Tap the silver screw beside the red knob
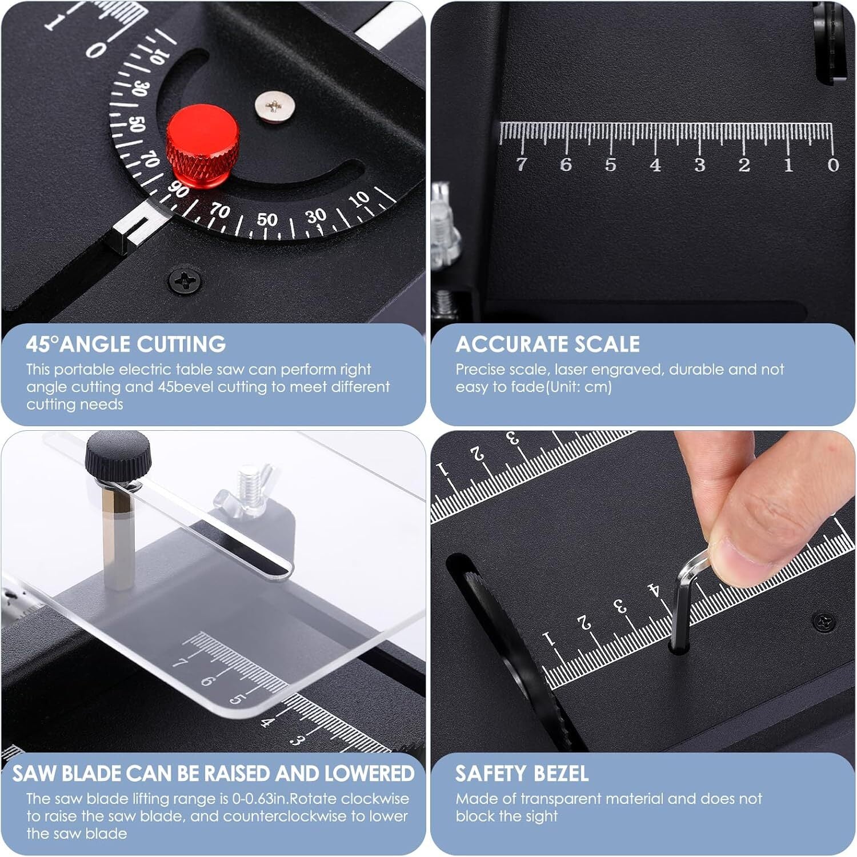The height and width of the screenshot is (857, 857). tap(275, 107)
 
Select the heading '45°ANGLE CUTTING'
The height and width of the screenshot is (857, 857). tap(126, 344)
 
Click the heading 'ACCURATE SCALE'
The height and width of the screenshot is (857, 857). tap(547, 344)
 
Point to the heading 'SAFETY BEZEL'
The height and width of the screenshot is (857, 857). tap(522, 774)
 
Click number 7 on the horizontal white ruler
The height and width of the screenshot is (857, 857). tap(521, 165)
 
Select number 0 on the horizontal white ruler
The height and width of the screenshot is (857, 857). tap(833, 165)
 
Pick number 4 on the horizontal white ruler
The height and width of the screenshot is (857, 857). tap(655, 165)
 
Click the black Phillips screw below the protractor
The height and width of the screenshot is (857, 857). tap(185, 280)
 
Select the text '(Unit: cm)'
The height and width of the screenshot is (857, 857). tap(579, 387)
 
